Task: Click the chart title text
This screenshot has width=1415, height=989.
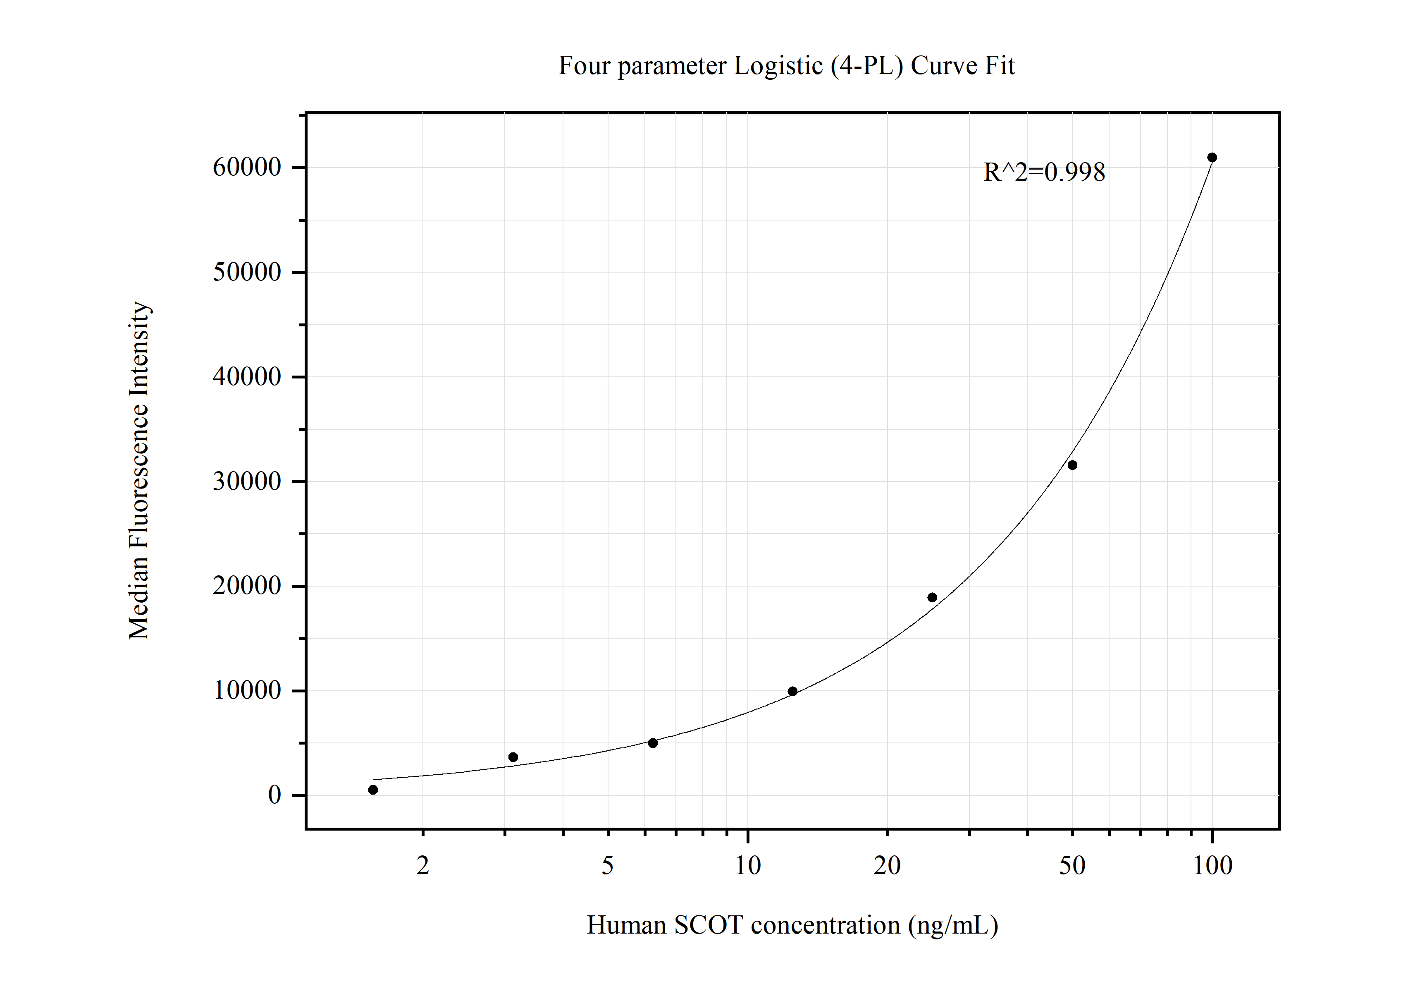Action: pos(786,65)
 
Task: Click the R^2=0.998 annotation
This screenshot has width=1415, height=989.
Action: pos(1044,172)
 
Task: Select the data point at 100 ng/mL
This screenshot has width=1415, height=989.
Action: pos(1212,157)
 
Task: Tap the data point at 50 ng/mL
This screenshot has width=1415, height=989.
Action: pos(1072,465)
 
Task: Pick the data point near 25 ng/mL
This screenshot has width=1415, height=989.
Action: pos(932,597)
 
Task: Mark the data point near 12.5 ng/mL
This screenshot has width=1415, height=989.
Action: pos(792,691)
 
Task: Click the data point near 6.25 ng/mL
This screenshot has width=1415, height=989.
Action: pos(653,743)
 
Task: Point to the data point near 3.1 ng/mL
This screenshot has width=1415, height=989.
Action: pos(513,757)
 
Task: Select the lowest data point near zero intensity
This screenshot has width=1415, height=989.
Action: pos(373,790)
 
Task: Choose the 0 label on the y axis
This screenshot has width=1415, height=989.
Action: pos(274,795)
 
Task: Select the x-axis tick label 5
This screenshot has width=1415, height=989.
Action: pos(608,866)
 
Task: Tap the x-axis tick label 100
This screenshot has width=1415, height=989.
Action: pos(1212,866)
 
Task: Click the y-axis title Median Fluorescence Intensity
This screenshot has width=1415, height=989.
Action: pos(138,470)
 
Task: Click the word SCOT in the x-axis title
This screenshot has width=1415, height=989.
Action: pos(708,925)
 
